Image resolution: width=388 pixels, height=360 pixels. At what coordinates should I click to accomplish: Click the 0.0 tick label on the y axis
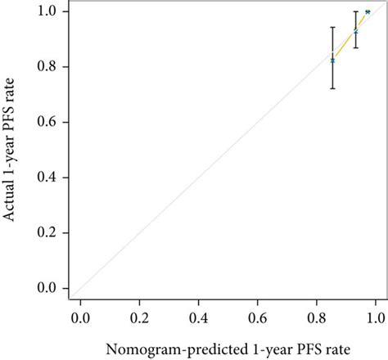click(45, 289)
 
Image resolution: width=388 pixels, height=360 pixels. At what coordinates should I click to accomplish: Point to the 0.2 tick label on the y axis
click(45, 233)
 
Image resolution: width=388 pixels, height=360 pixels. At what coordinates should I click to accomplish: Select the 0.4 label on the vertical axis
click(45, 178)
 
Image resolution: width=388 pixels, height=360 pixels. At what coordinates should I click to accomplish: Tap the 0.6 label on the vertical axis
click(45, 122)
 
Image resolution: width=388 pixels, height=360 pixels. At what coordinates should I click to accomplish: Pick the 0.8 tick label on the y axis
click(45, 66)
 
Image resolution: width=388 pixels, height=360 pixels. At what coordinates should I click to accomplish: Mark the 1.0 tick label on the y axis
click(45, 11)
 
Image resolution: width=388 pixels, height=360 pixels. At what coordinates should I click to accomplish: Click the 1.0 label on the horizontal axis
click(375, 316)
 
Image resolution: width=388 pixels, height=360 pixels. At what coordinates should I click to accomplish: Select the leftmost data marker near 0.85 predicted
click(332, 61)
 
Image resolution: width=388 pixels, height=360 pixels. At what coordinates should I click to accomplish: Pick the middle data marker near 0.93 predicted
click(355, 31)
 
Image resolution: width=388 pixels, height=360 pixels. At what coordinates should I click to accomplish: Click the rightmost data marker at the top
click(368, 12)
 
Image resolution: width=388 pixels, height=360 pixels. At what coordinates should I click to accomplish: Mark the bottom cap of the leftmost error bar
click(332, 88)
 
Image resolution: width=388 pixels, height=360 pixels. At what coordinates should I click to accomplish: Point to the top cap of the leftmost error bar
click(332, 27)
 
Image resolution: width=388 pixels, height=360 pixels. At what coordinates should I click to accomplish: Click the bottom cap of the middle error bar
click(355, 47)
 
